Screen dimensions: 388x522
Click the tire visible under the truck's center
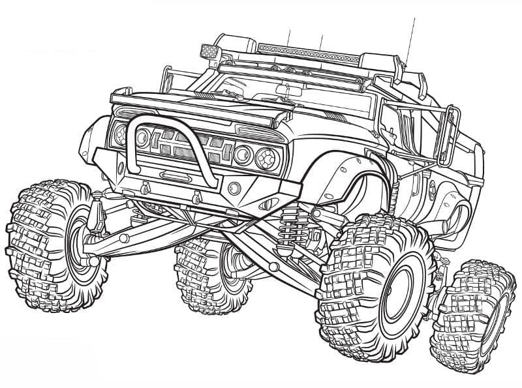tap(202, 274)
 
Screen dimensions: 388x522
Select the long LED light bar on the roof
tap(307, 52)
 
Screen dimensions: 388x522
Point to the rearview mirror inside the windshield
tap(287, 89)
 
